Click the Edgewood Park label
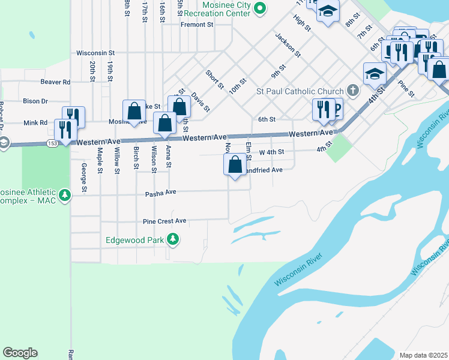point(136,240)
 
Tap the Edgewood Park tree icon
point(173,240)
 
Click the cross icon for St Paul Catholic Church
point(353,91)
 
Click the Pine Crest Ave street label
point(164,221)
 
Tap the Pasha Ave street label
point(160,193)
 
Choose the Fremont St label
point(197,25)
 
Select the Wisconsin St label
point(95,53)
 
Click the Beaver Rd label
point(55,82)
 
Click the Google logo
point(20,353)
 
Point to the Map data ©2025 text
point(423,355)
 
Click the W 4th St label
point(271,152)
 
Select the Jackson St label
point(288,45)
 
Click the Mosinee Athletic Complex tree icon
point(65,195)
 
